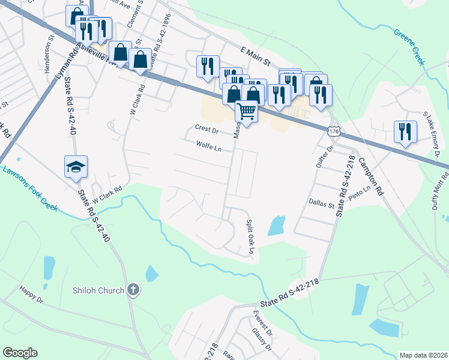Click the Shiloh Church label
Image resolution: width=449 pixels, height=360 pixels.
point(98,290)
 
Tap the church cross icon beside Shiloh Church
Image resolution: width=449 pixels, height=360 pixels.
point(133,290)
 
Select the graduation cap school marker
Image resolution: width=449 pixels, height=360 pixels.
point(76,166)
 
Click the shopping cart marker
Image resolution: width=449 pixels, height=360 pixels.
point(246,111)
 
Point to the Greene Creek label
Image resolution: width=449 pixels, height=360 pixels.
point(409,46)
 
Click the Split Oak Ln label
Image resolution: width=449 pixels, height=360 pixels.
point(250,232)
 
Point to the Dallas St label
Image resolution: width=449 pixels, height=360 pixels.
point(322,205)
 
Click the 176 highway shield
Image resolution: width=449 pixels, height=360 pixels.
point(334,130)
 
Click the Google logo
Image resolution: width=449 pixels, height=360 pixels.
point(20,353)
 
